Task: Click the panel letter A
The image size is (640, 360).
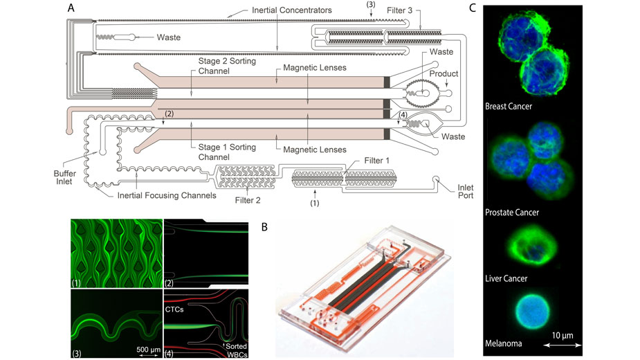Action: (x=72, y=9)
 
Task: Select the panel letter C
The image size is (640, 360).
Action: (x=473, y=9)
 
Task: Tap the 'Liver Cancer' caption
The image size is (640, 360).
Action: (x=506, y=278)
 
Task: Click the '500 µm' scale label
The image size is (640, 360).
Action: (x=147, y=344)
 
